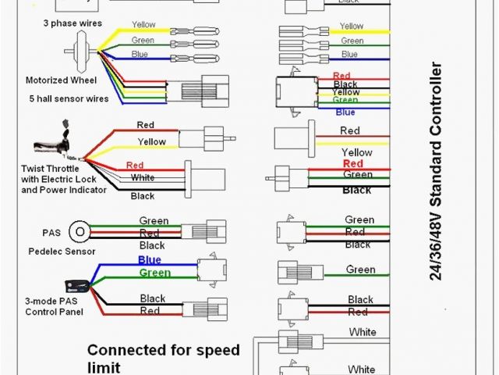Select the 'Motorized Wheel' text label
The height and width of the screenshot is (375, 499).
click(60, 80)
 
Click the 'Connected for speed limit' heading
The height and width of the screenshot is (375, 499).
click(163, 358)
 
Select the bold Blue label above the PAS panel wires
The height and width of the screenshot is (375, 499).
click(149, 260)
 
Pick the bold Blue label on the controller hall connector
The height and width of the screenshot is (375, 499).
click(345, 112)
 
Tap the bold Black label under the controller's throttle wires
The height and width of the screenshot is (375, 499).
click(357, 190)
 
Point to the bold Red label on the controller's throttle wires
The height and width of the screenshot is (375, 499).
click(352, 164)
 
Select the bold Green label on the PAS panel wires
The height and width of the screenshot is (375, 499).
click(154, 273)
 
